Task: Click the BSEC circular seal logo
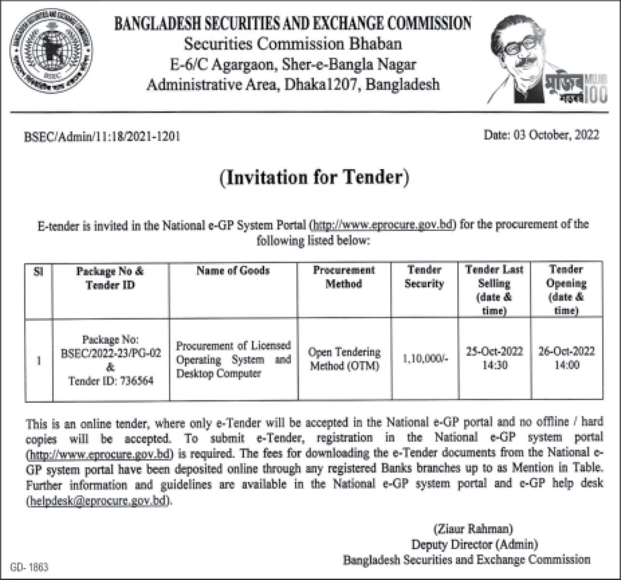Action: [x=51, y=51]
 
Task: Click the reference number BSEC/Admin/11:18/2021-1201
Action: [x=102, y=137]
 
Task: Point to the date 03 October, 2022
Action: [x=541, y=135]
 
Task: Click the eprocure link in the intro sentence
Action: [x=384, y=225]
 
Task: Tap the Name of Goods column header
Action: [x=233, y=271]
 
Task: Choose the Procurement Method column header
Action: [x=344, y=276]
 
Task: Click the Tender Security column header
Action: [x=424, y=276]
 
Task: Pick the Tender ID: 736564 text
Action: [x=111, y=381]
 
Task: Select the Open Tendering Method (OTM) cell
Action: [x=344, y=359]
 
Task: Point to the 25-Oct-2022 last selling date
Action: [x=494, y=351]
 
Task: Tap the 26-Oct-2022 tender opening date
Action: [x=566, y=351]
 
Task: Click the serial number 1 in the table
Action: [x=39, y=361]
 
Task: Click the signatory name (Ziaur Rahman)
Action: [x=473, y=528]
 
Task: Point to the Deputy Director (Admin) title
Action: [x=474, y=544]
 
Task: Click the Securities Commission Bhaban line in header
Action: [x=293, y=44]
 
